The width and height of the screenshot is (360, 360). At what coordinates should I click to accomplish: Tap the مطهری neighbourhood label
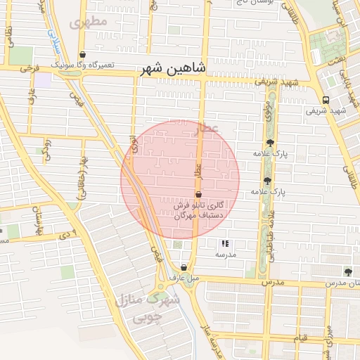[x=89, y=21]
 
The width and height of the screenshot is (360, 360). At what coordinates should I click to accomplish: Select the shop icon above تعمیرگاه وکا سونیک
[x=83, y=54]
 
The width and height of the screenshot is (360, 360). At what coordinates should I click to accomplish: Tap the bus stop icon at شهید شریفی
[x=326, y=100]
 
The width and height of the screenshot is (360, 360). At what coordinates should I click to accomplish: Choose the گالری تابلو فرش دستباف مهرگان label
[x=200, y=209]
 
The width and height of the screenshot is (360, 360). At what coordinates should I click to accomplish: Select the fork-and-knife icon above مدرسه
[x=224, y=243]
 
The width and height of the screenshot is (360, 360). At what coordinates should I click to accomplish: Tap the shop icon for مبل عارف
[x=184, y=267]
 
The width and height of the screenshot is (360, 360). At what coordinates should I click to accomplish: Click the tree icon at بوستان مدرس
[x=348, y=271]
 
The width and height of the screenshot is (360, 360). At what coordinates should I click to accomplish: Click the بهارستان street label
[x=31, y=220]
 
